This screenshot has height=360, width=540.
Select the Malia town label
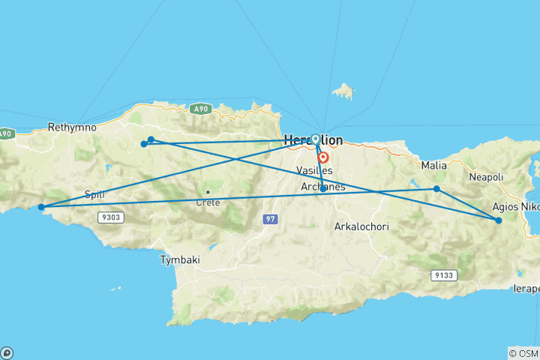tap(434, 165)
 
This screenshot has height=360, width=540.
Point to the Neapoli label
tap(484, 177)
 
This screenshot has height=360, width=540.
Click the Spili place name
tap(94, 194)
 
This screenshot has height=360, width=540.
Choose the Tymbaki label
tap(180, 260)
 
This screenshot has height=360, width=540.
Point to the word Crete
tap(208, 202)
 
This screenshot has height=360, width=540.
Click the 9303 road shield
tap(109, 217)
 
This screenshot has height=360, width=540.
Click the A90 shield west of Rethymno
tap(5, 133)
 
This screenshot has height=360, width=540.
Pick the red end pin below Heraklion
tap(323, 157)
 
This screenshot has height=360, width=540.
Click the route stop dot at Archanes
tap(322, 189)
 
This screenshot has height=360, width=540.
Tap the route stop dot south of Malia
tap(436, 189)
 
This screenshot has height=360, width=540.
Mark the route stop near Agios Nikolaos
tap(499, 220)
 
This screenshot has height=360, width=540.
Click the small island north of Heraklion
tap(344, 92)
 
